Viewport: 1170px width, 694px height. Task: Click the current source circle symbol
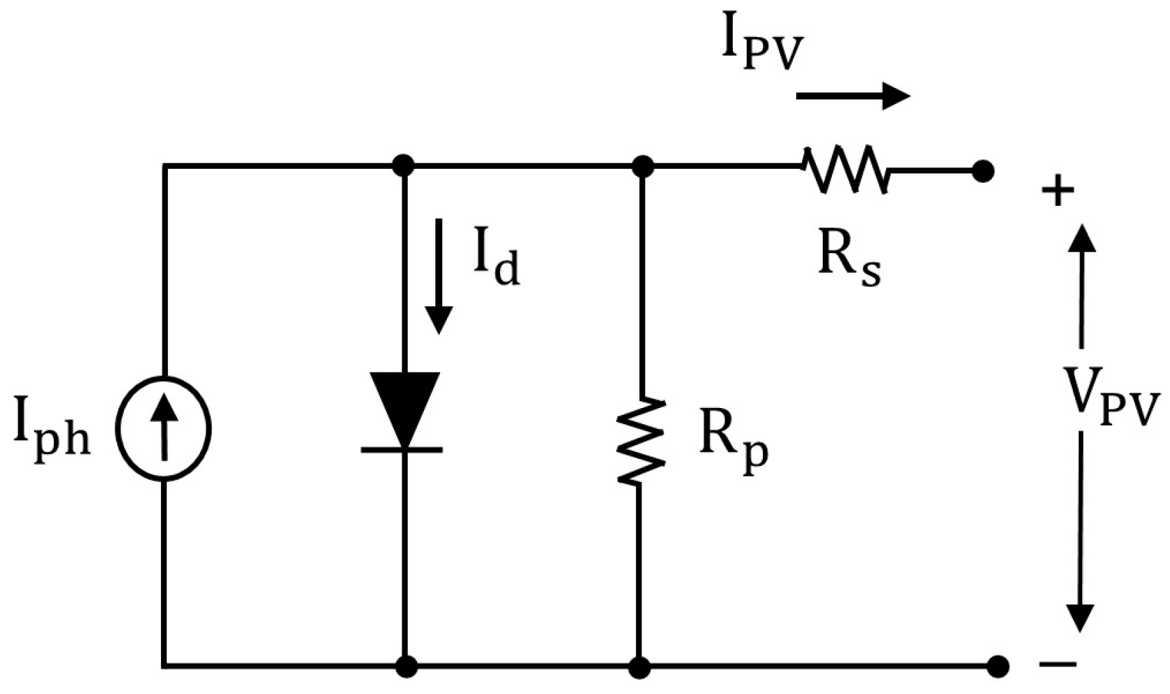pyautogui.click(x=163, y=428)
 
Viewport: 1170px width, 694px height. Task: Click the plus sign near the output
pyautogui.click(x=1058, y=191)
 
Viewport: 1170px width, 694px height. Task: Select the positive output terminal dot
pyautogui.click(x=982, y=171)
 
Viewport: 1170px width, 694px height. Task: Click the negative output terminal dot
pyautogui.click(x=998, y=666)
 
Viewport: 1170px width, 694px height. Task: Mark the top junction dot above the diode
pyautogui.click(x=404, y=166)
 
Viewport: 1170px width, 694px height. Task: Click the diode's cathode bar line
pyautogui.click(x=402, y=450)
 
